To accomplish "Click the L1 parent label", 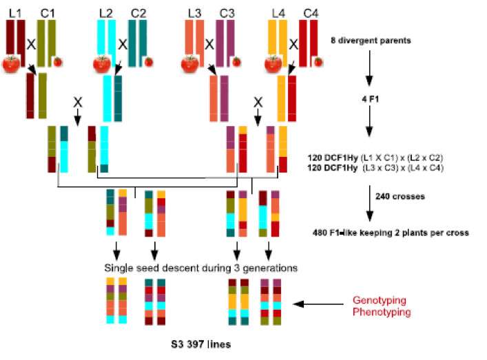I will [x=13, y=12].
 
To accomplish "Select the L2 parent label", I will [x=105, y=12].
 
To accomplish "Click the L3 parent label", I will [x=194, y=12].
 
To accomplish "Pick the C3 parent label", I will [x=227, y=12].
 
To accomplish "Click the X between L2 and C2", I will [x=123, y=43].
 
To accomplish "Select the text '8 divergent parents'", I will [x=371, y=41].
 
